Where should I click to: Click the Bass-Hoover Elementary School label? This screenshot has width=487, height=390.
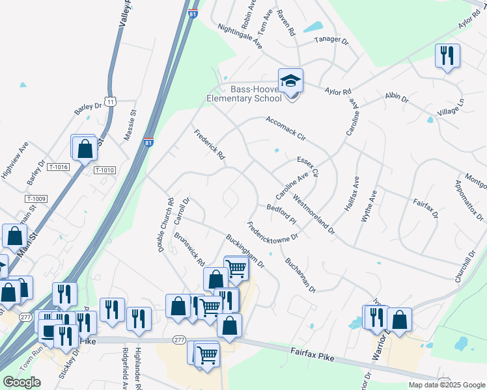pyautogui.click(x=244, y=94)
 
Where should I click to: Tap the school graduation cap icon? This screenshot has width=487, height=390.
pyautogui.click(x=290, y=81)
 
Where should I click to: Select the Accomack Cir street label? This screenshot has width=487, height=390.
pyautogui.click(x=285, y=128)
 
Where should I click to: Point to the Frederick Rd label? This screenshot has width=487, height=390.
pyautogui.click(x=209, y=145)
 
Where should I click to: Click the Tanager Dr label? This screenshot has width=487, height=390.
pyautogui.click(x=332, y=39)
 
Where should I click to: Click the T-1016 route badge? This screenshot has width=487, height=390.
pyautogui.click(x=59, y=167)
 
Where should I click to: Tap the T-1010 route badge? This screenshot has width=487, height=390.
pyautogui.click(x=104, y=170)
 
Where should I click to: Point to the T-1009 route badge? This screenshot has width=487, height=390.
pyautogui.click(x=36, y=198)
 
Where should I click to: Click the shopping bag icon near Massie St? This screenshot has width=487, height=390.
pyautogui.click(x=85, y=149)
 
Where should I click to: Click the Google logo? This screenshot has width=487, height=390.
pyautogui.click(x=21, y=382)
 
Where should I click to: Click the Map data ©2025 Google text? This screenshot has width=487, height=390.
pyautogui.click(x=445, y=385)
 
